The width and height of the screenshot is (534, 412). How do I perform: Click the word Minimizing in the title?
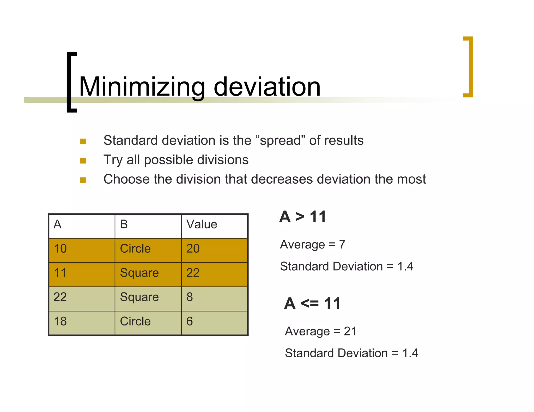[x=142, y=87]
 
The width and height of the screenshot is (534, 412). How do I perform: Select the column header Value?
[x=202, y=224]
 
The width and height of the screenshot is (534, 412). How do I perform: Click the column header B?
[x=124, y=224]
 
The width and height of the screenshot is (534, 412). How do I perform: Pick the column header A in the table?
[x=58, y=224]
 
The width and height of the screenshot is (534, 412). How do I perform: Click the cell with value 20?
[x=193, y=249]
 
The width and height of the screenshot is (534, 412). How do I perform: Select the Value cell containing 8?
[x=190, y=297]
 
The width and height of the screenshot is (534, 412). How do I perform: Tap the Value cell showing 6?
[x=190, y=321]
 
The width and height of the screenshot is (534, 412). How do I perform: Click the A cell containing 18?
[x=60, y=321]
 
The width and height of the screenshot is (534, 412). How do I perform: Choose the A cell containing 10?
[x=60, y=249]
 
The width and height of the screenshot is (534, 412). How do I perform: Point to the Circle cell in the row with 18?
[x=135, y=321]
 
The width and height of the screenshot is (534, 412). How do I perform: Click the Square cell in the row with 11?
[x=139, y=273]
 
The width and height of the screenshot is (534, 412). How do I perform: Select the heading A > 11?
[x=303, y=217]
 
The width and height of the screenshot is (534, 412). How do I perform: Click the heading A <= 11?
[x=312, y=304]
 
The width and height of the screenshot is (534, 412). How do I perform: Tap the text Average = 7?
[x=313, y=245]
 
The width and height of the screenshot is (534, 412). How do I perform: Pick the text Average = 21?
[x=321, y=332]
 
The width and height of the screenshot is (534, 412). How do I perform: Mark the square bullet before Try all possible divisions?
[x=83, y=161]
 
